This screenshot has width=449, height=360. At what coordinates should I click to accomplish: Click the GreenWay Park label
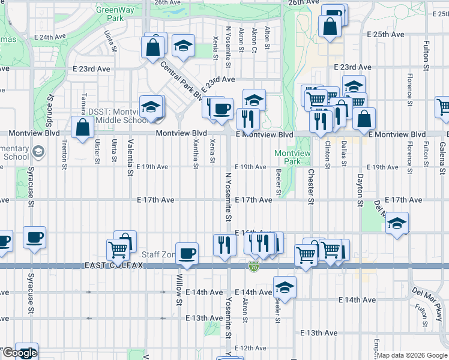coord(110,14)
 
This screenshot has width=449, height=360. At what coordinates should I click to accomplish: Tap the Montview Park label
coord(292,157)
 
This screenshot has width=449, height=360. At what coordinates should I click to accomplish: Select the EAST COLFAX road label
coord(113,265)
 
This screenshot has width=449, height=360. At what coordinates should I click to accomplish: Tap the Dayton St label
coord(360,190)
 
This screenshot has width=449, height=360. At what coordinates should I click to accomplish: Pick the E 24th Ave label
coord(50,37)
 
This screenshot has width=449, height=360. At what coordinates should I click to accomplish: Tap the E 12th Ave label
coord(250,348)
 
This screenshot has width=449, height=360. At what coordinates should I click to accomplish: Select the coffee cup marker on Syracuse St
coord(35,237)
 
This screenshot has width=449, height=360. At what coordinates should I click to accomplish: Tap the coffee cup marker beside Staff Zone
coord(187,253)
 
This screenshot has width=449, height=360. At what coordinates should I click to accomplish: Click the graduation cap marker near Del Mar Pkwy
coord(397,223)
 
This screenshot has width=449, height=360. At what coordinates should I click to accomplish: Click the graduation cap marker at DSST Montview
coord(150,106)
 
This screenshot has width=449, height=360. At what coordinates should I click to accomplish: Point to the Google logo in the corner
coord(19,353)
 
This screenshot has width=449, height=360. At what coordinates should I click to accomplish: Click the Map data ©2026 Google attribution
coord(412,355)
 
